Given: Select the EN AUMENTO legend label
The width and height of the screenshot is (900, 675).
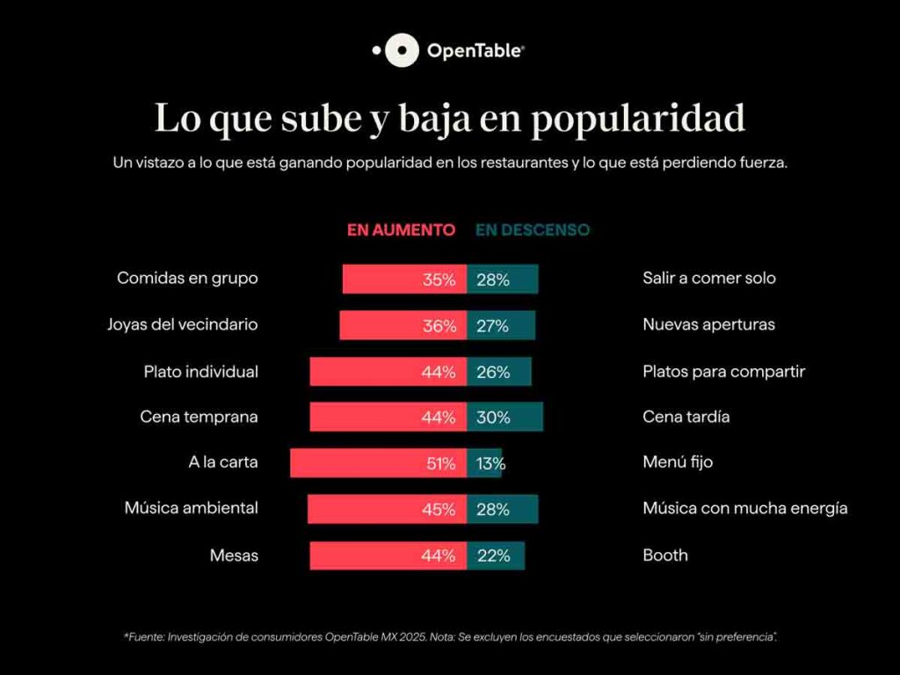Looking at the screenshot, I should (401, 230).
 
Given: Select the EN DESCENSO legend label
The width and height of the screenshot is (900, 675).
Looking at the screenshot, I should (533, 230).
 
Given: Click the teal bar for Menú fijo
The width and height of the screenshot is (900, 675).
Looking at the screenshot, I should (483, 463).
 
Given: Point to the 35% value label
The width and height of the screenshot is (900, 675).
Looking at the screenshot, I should (439, 280).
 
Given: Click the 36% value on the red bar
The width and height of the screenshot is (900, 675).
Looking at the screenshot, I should (439, 326).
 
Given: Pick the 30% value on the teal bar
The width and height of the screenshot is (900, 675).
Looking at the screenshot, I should (493, 417).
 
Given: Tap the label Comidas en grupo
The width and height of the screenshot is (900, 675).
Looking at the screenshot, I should (187, 278).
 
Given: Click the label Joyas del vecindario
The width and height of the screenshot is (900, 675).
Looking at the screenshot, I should (182, 324).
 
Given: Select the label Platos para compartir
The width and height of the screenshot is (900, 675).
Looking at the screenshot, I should (723, 371).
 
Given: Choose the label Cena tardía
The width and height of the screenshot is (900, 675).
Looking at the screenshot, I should (686, 417).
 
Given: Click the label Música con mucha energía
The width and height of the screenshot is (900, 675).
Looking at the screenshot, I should (744, 508).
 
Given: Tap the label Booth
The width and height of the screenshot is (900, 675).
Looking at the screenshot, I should (664, 555).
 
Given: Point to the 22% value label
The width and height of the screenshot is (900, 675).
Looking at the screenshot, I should (493, 555).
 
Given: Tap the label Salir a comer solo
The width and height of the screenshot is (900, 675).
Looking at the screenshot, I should (708, 278).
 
